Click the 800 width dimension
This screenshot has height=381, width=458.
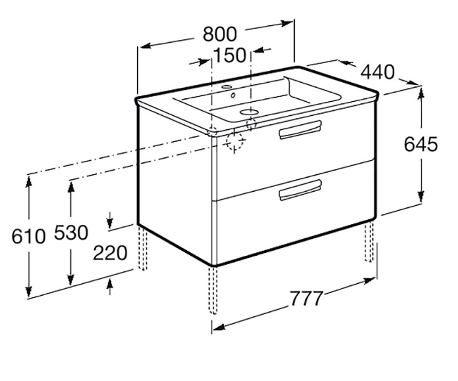pyautogui.click(x=220, y=34)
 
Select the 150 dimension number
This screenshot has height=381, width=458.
pyautogui.click(x=230, y=55)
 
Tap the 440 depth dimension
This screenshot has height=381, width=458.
pyautogui.click(x=377, y=72)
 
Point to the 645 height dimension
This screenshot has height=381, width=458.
pyautogui.click(x=421, y=144)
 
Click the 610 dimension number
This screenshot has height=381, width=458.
pyautogui.click(x=29, y=237)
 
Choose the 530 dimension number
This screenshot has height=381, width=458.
pyautogui.click(x=71, y=232)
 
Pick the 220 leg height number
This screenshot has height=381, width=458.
pyautogui.click(x=110, y=253)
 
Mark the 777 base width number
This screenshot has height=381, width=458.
pyautogui.click(x=306, y=298)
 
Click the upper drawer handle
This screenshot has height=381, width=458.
pyautogui.click(x=300, y=130)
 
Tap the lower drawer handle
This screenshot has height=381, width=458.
pyautogui.click(x=300, y=190)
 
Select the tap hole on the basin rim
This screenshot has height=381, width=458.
pyautogui.click(x=248, y=112)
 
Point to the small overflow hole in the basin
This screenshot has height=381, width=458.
pyautogui.click(x=233, y=95)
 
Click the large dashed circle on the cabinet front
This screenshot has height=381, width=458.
pyautogui.click(x=234, y=141)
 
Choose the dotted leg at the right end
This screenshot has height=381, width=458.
pyautogui.click(x=369, y=241)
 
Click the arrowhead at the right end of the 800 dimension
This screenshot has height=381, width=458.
pyautogui.click(x=287, y=23)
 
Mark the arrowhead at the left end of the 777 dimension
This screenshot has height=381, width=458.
pyautogui.click(x=219, y=327)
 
